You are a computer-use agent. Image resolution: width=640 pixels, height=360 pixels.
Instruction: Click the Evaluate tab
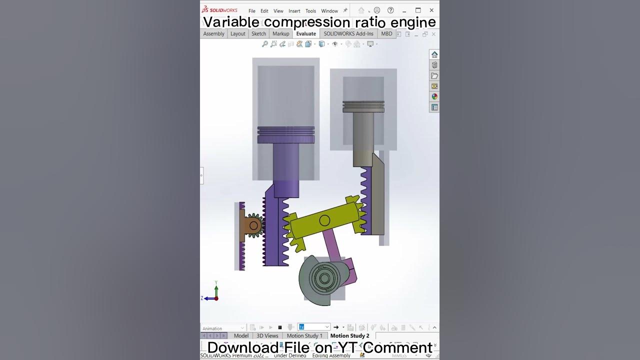306,33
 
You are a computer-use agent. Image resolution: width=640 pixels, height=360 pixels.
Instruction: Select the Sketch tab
258,33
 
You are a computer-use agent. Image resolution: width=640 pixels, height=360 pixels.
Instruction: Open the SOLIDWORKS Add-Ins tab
348,33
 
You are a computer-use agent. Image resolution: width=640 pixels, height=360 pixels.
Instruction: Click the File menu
252,11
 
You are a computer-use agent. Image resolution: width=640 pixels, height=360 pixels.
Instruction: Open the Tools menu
310,11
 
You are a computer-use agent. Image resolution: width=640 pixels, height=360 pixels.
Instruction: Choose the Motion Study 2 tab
349,335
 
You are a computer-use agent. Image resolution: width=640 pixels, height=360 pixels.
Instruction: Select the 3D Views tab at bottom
267,335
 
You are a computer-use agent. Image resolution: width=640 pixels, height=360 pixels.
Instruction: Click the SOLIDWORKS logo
219,10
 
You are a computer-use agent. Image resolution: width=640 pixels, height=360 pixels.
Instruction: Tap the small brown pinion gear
253,226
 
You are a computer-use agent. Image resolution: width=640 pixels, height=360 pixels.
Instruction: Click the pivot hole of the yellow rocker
324,220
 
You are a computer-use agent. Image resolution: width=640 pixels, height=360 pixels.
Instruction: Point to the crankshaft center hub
320,278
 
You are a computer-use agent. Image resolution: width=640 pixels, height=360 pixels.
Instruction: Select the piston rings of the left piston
286,131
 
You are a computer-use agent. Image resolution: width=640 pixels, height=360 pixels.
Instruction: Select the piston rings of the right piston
363,106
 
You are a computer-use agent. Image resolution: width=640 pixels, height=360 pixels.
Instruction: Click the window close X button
431,10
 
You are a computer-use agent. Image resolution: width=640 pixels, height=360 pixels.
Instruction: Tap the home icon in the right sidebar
434,54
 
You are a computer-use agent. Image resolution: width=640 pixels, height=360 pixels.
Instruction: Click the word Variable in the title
231,22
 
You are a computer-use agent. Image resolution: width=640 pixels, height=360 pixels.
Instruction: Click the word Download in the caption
236,347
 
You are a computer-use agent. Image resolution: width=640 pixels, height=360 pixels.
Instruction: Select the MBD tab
386,33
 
